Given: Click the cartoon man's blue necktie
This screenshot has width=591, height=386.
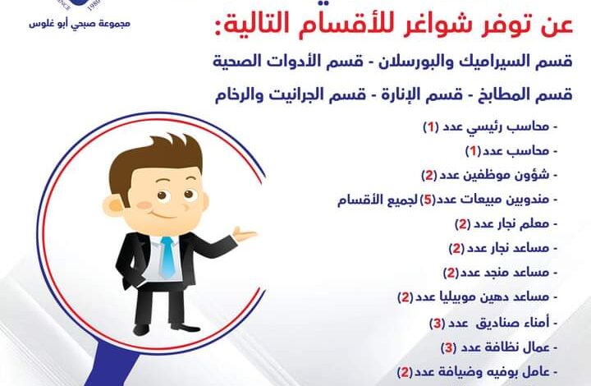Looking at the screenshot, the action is point(167,257).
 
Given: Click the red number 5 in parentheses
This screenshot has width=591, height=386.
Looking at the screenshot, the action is point(428,200).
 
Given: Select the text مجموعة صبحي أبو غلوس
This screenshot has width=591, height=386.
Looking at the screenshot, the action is point(80,24).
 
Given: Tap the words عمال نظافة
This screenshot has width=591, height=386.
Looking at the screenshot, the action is point(515,347).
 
